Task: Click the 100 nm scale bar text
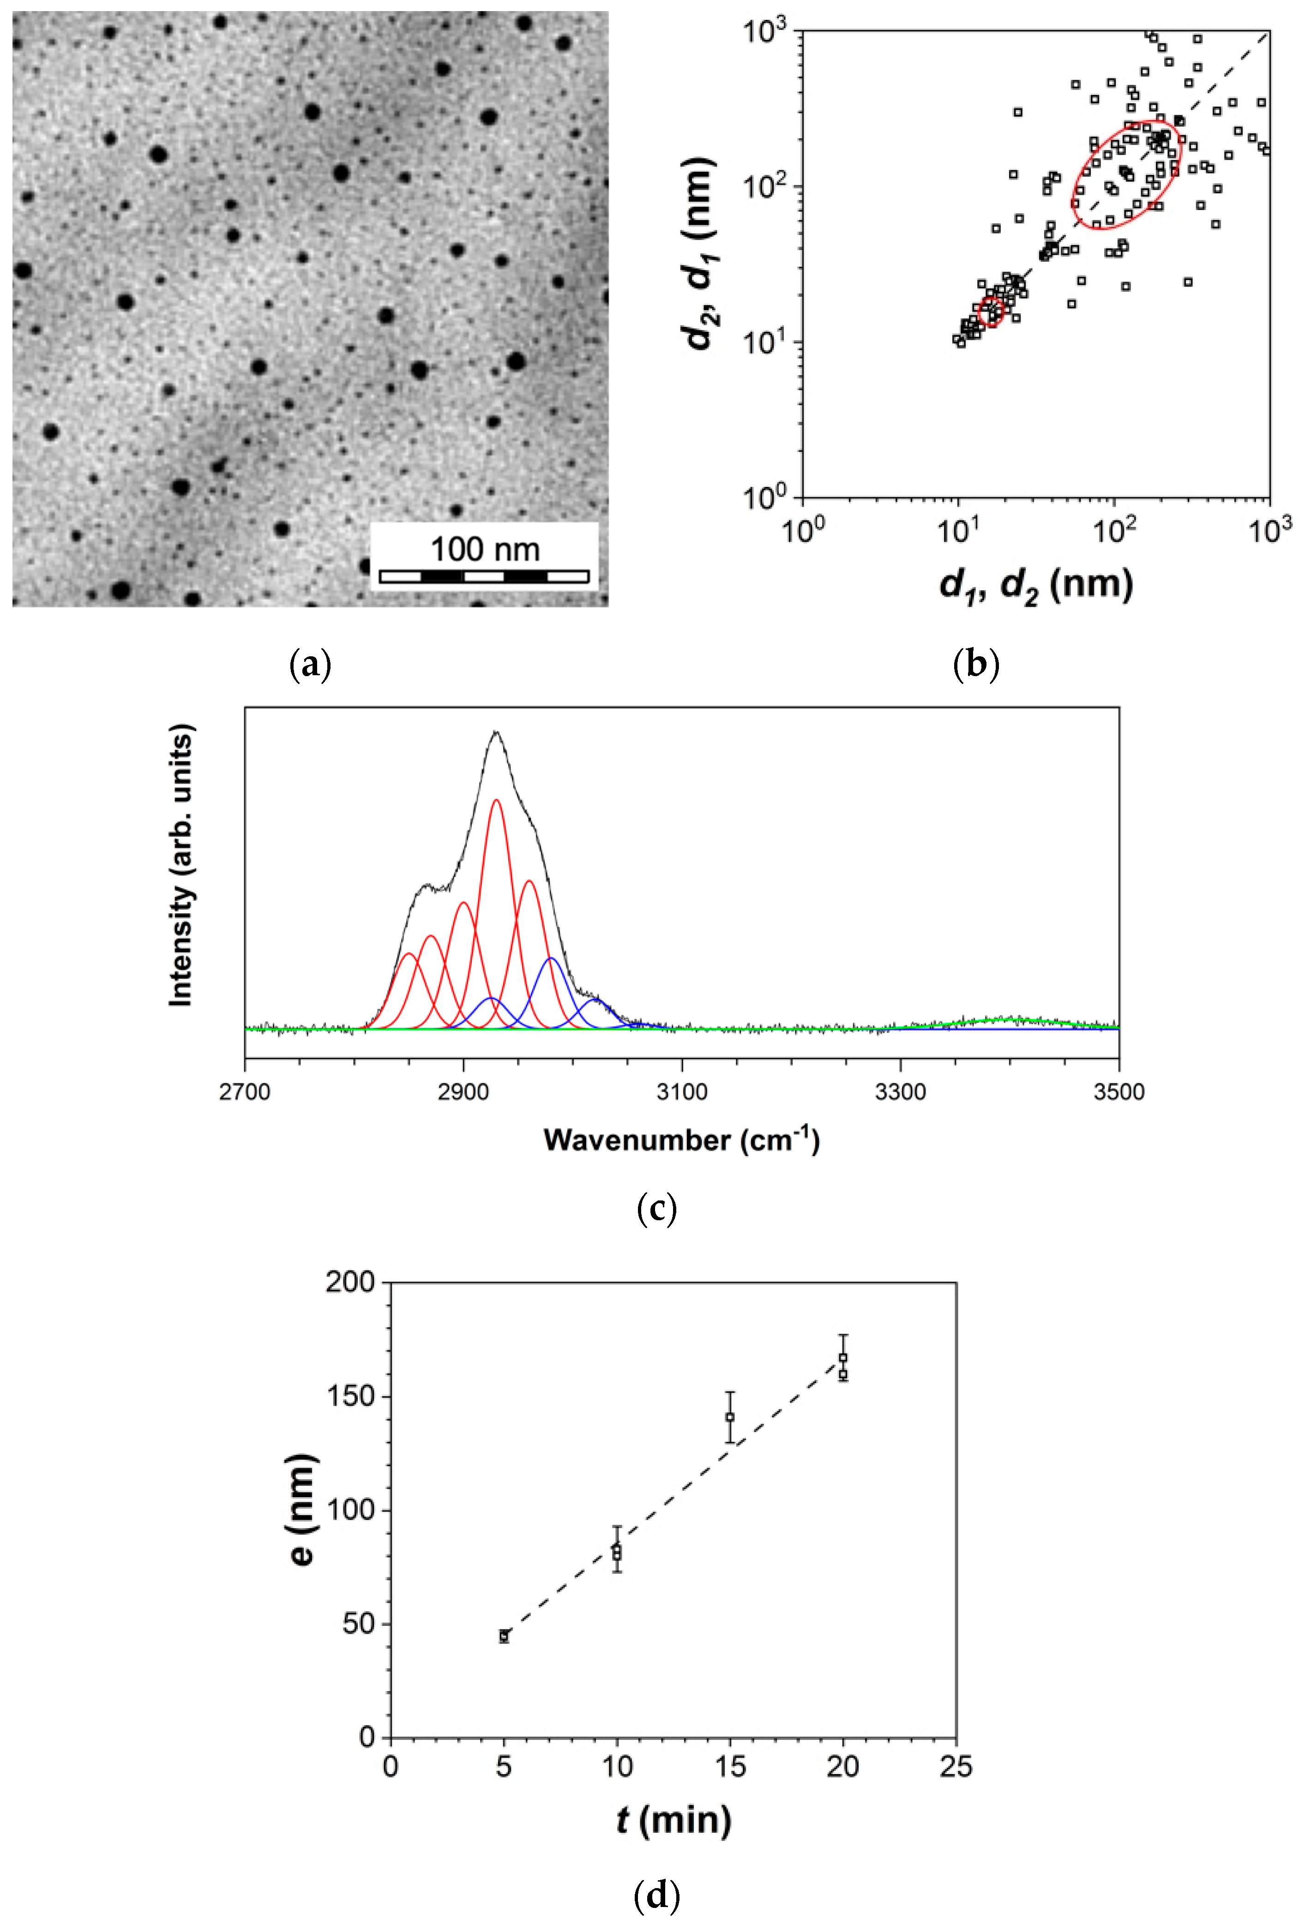click(x=485, y=549)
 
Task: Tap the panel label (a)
click(x=311, y=664)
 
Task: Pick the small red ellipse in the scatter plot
click(x=991, y=312)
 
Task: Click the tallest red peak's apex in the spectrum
click(x=496, y=800)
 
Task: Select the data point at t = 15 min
click(x=730, y=1417)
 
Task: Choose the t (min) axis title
click(x=674, y=1820)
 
